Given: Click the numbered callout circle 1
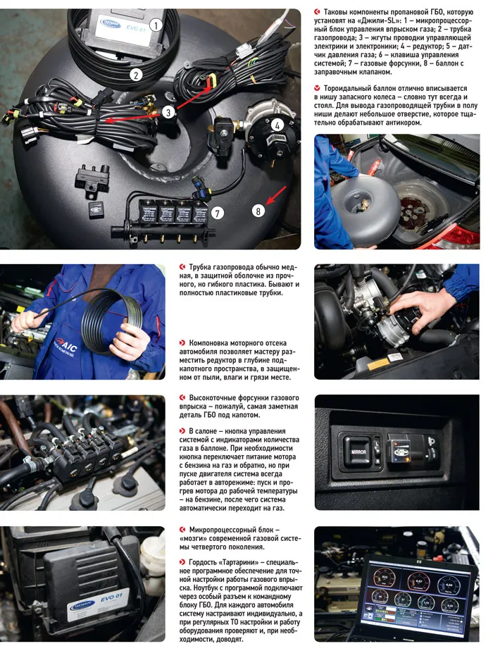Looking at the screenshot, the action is coord(156,25).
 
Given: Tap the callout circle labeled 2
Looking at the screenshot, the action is coord(136,75).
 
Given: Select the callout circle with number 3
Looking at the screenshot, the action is coord(168,111).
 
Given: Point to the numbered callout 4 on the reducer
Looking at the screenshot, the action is coord(277,125).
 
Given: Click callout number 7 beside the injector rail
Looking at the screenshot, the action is coord(218,213).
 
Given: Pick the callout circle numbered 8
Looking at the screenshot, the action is coord(258,211).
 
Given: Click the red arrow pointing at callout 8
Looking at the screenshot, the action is coord(276,195).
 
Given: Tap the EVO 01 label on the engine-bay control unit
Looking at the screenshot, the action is coord(111,597).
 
